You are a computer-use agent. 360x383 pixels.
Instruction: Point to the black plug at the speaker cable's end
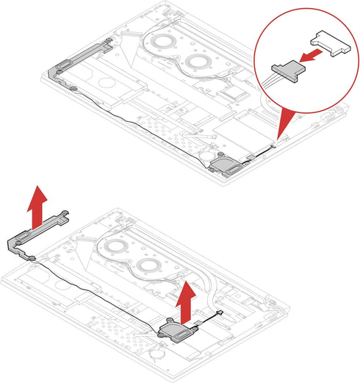[x=218, y=313]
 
